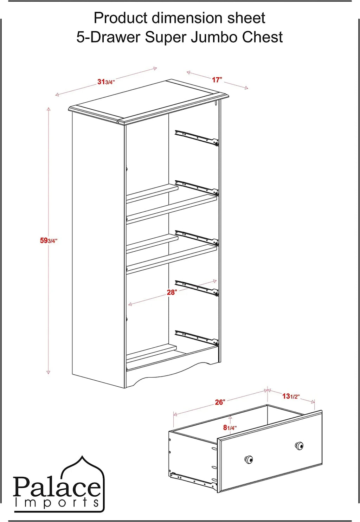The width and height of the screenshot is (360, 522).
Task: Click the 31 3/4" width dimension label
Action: [106, 82]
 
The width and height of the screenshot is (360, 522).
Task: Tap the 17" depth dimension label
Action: [217, 80]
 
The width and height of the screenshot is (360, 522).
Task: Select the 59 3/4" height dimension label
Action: [49, 240]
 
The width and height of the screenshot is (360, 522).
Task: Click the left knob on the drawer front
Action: [249, 459]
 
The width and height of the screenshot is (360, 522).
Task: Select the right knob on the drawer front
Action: [299, 446]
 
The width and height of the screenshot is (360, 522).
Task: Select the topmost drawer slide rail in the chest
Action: [197, 138]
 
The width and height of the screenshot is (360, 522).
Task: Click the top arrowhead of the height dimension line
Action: [49, 109]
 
